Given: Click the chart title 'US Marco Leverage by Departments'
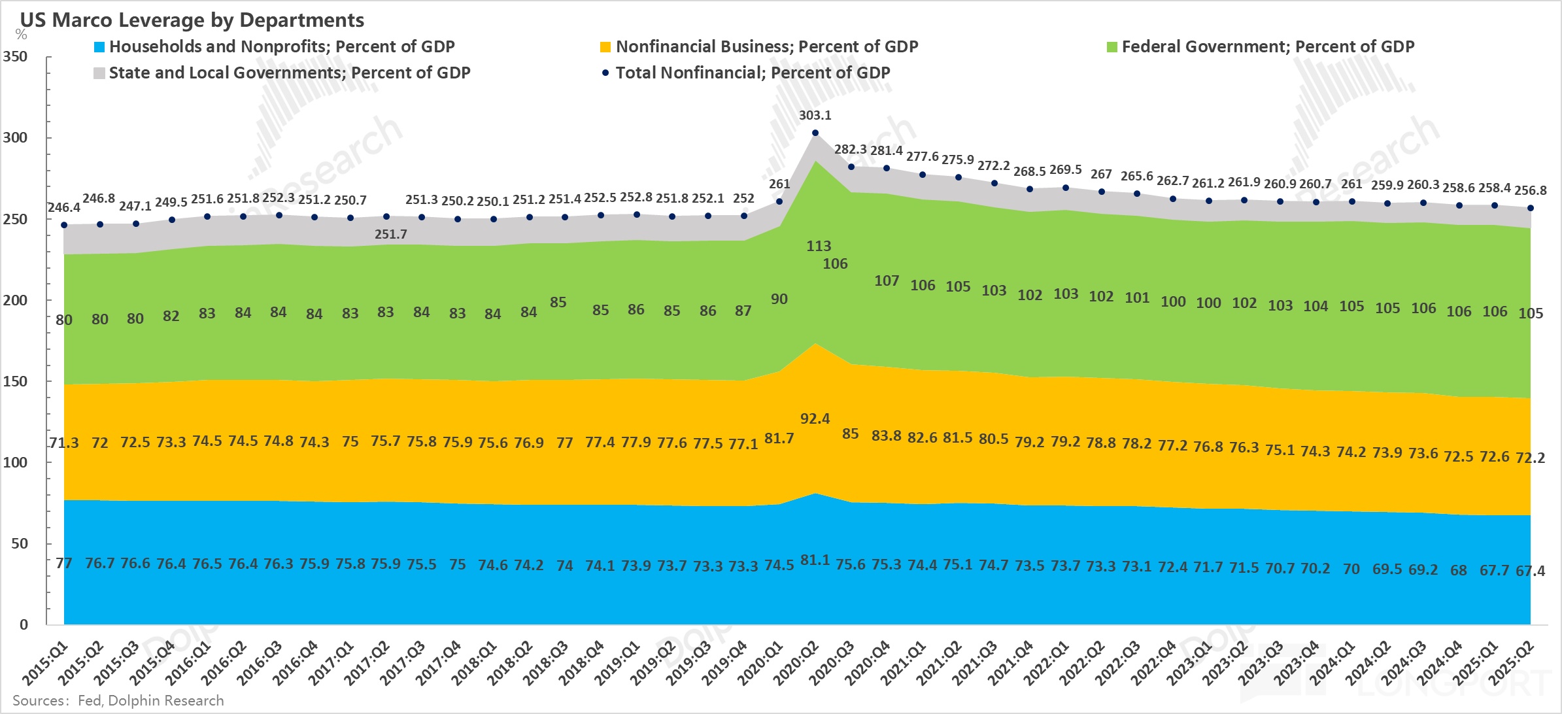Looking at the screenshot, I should [192, 20].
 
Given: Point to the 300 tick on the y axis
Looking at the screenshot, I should [15, 137].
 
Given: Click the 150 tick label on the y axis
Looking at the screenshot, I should [15, 381].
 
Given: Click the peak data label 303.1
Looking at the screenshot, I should [815, 115].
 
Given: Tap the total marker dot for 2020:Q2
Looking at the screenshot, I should [815, 133].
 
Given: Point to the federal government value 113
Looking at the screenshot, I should [819, 246].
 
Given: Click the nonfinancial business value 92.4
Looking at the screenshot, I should [815, 418].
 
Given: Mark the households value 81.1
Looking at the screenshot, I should [815, 560].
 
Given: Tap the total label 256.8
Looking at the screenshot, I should [1530, 190].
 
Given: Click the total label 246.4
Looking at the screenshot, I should [63, 207].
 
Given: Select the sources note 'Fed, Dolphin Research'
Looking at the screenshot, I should [150, 700].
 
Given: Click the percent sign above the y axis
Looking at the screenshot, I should [21, 35].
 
